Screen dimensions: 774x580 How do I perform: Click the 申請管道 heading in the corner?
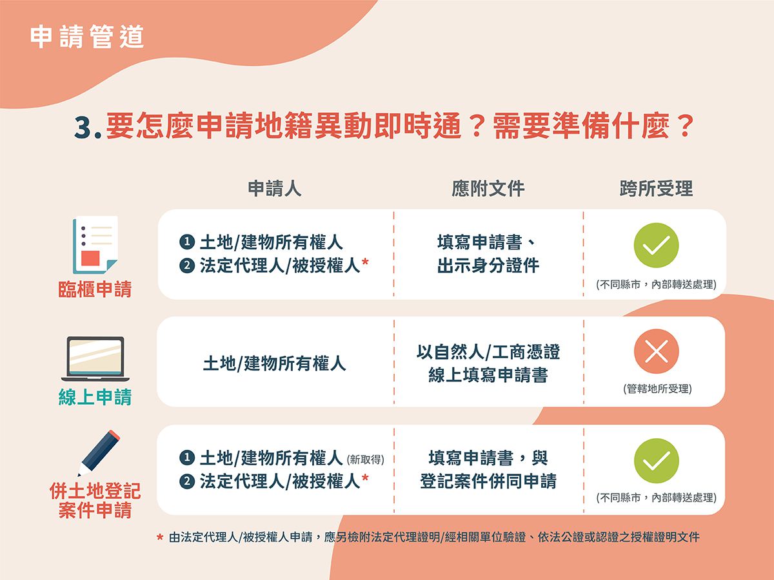(86, 36)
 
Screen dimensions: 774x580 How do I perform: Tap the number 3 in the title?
(83, 128)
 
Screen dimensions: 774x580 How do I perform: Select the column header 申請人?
(274, 188)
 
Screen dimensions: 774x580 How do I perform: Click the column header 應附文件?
(488, 188)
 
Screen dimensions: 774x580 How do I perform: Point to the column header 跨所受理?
(656, 188)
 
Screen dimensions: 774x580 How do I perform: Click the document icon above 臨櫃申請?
(95, 245)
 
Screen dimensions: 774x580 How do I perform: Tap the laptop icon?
(95, 359)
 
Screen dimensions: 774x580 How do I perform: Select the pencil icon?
(99, 453)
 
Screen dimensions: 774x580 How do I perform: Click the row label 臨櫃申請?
(95, 289)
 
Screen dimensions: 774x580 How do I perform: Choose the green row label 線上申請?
(95, 397)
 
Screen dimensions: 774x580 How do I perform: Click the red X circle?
(656, 351)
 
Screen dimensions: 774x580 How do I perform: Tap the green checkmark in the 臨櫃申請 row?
(656, 245)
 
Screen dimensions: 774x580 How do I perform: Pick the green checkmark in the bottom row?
(656, 461)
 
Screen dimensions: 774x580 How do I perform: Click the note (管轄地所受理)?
(658, 389)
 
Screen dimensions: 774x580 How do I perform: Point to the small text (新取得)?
(366, 459)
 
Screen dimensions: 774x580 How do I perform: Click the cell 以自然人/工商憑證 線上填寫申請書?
(488, 363)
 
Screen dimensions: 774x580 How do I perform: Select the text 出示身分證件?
(488, 265)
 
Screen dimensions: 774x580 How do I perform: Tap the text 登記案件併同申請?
(488, 481)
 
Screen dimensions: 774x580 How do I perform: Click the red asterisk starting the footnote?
(160, 537)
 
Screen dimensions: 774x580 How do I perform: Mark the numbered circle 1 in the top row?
(187, 242)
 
